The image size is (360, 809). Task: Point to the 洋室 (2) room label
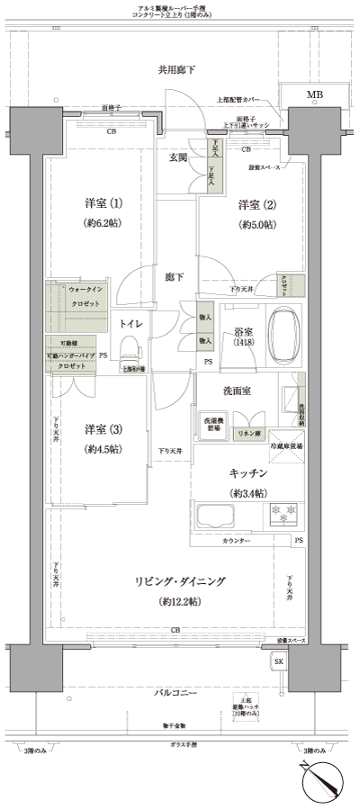pos(256,203)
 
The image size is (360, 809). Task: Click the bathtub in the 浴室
pos(284,334)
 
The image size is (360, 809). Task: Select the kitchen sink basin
pos(215,517)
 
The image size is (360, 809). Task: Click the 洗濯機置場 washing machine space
pos(211,426)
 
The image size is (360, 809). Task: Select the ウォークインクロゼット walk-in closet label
pos(86,297)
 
